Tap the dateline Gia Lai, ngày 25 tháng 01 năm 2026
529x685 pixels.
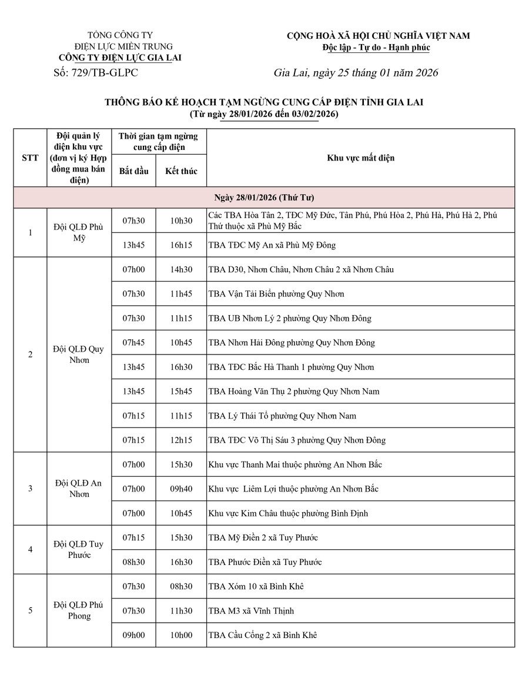(356, 73)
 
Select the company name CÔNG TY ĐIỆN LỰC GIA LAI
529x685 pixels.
(120, 58)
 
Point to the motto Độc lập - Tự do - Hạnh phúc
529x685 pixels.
(377, 47)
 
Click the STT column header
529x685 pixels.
(30, 158)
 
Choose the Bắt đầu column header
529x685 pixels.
(133, 171)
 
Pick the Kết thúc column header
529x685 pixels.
(181, 171)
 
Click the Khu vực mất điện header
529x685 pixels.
(360, 158)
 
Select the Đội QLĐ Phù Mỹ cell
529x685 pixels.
(79, 232)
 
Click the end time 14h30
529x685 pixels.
(181, 269)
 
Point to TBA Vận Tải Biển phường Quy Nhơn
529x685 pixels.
(276, 294)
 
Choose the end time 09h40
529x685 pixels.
(181, 489)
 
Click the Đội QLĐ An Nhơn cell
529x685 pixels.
(79, 488)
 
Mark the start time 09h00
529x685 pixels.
(133, 635)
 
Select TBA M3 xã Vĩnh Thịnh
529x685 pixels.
(251, 611)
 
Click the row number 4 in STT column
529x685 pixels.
(30, 550)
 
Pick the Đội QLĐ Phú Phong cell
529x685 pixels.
(79, 610)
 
